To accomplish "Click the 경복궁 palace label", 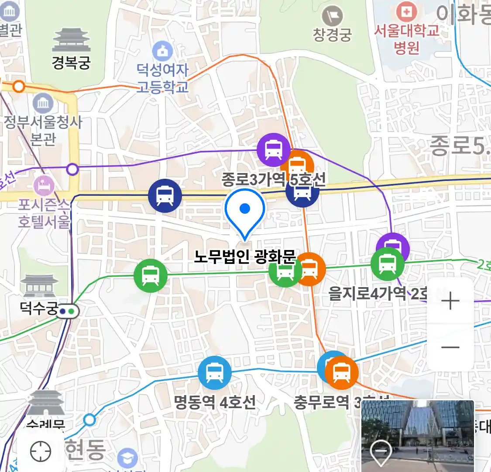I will tap(71, 62).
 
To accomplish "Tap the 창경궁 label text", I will tap(332, 35).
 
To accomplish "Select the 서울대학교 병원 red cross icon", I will tap(406, 12).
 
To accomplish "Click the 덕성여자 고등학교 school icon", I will tap(163, 50).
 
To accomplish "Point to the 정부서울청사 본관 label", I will tap(43, 130).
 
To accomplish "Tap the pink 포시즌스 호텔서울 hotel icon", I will tap(43, 185).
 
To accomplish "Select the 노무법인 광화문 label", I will tap(245, 257).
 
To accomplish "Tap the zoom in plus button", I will tap(450, 301).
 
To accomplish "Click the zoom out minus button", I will tap(450, 347).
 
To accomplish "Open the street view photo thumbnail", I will tap(418, 436).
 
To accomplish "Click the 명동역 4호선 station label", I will tap(215, 402).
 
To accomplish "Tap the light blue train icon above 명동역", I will tap(214, 373).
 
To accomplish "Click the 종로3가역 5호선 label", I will tap(273, 179).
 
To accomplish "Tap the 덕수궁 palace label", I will tap(39, 309).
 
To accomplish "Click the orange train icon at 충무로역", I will tap(342, 373).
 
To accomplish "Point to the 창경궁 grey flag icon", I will tap(332, 17).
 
